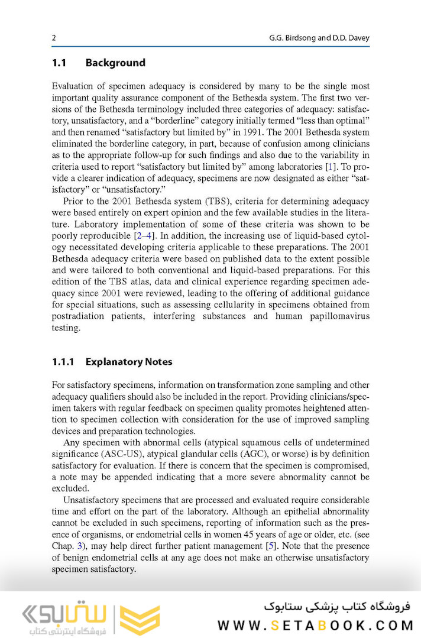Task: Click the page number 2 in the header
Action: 54,38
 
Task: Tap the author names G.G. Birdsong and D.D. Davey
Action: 319,38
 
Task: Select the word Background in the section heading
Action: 115,63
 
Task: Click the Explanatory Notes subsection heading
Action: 129,361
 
